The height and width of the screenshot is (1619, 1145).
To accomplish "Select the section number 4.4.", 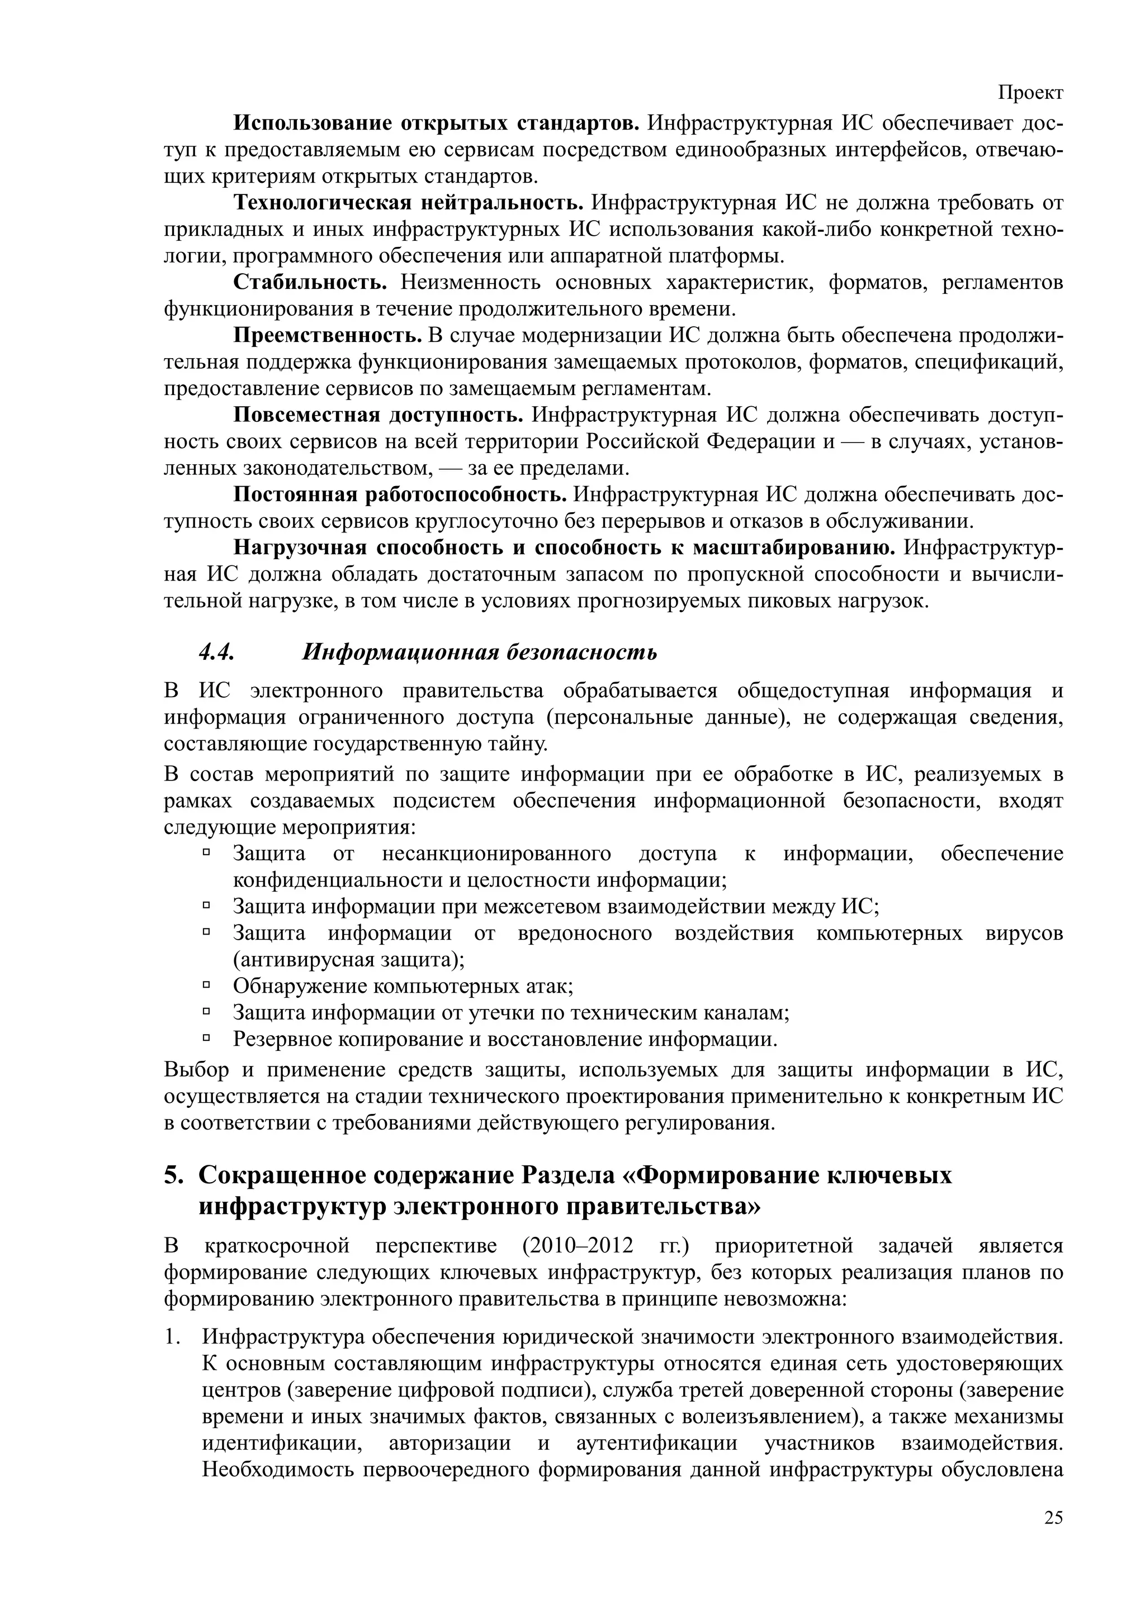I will pos(216,653).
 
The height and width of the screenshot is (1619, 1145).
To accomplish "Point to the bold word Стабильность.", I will pos(310,283).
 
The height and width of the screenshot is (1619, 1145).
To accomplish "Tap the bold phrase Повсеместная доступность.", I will pos(378,415).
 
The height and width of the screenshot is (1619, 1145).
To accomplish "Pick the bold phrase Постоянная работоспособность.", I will pos(400,495).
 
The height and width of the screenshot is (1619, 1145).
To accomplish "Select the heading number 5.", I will pos(173,1175).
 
